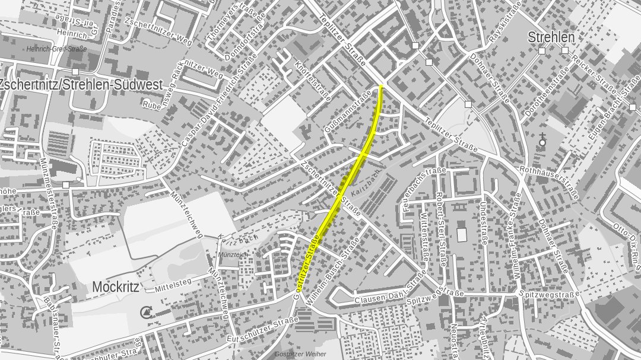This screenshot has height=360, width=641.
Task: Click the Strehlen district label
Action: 551,37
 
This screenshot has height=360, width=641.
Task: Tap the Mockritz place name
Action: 115,288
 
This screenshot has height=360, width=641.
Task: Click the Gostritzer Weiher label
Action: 301,354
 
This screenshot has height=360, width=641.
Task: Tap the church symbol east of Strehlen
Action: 542,141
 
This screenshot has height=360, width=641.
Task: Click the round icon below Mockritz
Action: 146,311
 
